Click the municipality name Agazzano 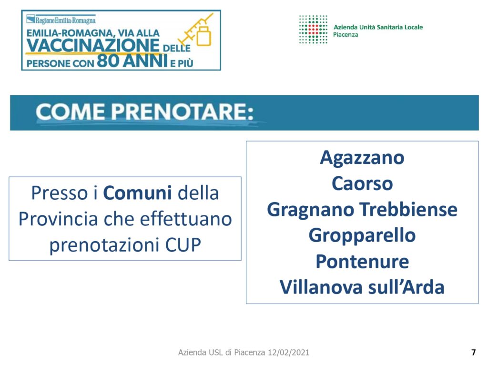pyautogui.click(x=362, y=158)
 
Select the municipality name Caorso pyautogui.click(x=362, y=183)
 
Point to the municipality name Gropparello pyautogui.click(x=362, y=236)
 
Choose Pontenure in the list pyautogui.click(x=362, y=261)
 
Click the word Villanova pyautogui.click(x=321, y=287)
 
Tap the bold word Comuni pyautogui.click(x=137, y=193)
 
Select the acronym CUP pyautogui.click(x=183, y=244)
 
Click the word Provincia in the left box pyautogui.click(x=58, y=219)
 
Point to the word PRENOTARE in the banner pyautogui.click(x=182, y=112)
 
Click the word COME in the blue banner pyautogui.click(x=71, y=112)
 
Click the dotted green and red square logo pyautogui.click(x=313, y=29)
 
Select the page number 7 pyautogui.click(x=473, y=352)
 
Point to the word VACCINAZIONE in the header pyautogui.click(x=93, y=45)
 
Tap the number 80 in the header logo pyautogui.click(x=108, y=61)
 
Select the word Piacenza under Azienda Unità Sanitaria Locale pyautogui.click(x=346, y=34)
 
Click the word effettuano pyautogui.click(x=186, y=219)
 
